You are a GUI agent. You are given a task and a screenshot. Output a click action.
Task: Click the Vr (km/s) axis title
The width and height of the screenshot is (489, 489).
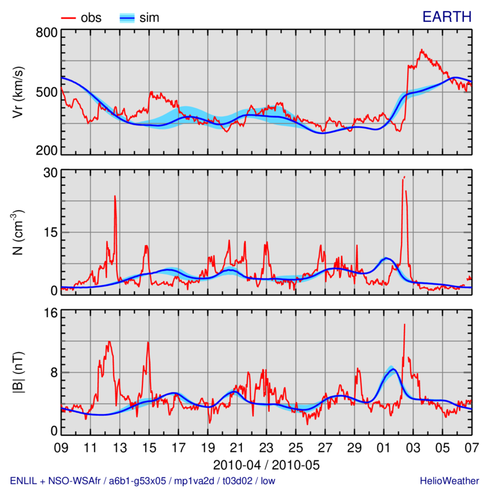click(x=19, y=92)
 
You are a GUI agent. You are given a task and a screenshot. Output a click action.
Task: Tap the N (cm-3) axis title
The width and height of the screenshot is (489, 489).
click(x=19, y=232)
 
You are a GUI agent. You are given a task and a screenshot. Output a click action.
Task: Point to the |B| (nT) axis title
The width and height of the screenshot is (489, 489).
click(x=19, y=373)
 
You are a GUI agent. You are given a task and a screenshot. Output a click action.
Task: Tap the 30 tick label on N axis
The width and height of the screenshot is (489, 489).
click(x=49, y=174)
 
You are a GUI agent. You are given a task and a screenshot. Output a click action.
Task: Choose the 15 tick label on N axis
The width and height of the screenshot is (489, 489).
click(x=49, y=232)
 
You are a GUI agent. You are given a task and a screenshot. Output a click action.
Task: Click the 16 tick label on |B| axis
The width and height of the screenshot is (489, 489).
click(x=49, y=314)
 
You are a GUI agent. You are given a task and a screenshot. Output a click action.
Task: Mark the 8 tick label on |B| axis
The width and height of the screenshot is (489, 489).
click(x=53, y=372)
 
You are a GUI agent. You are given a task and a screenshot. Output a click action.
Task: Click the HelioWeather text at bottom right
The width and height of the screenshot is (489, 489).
click(x=449, y=480)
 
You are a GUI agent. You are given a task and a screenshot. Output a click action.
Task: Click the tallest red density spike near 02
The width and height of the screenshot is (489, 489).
click(x=403, y=178)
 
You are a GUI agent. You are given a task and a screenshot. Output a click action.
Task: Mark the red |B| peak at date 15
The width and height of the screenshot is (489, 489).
click(x=149, y=343)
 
